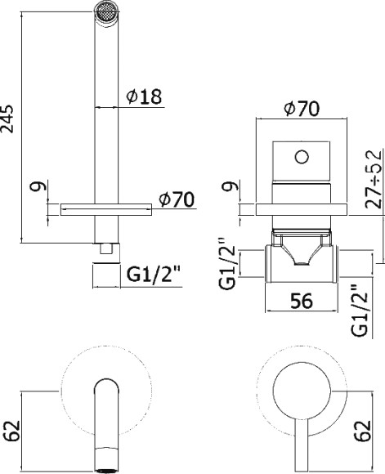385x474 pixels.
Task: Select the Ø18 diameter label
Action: point(144,96)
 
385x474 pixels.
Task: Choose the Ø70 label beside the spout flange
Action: point(177,199)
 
